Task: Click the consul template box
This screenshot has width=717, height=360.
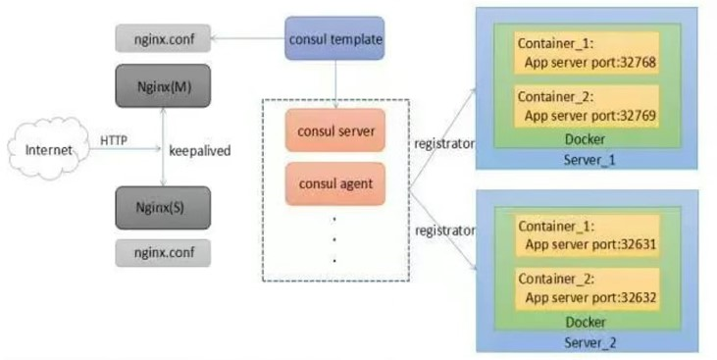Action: coord(334,40)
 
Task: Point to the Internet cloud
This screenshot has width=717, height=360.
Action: coord(48,151)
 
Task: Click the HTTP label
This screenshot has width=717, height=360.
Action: coord(114,140)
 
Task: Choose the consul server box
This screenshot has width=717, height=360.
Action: coord(334,131)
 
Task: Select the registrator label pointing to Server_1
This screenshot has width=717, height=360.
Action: coord(444,143)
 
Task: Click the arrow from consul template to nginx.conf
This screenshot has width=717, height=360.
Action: coord(246,40)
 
